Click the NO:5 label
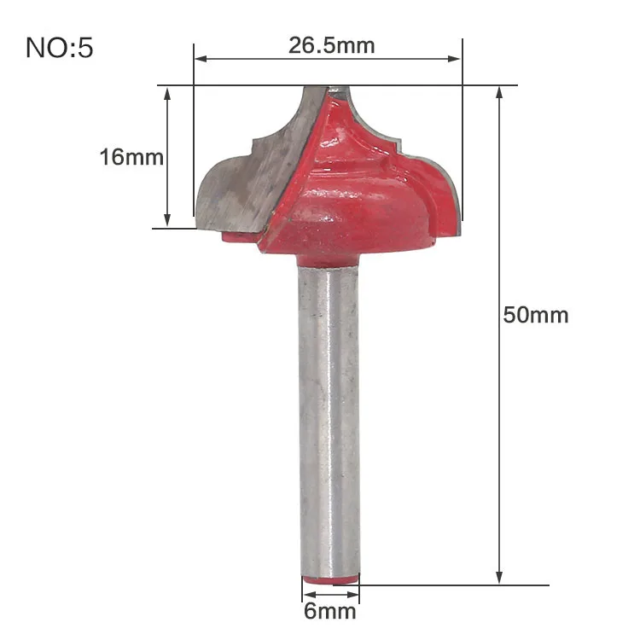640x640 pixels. click(x=60, y=48)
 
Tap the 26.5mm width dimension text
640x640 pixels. click(x=331, y=45)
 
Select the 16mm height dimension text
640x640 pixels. click(x=131, y=157)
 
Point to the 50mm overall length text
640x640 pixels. click(x=536, y=315)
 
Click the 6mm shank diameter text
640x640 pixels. click(x=329, y=611)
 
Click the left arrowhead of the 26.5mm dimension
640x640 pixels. click(x=201, y=59)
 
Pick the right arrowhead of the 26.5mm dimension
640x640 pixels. click(x=454, y=59)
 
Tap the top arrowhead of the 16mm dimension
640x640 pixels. click(x=167, y=94)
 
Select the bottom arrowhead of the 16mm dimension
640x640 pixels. click(x=167, y=220)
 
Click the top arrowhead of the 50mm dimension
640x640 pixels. click(x=499, y=94)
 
